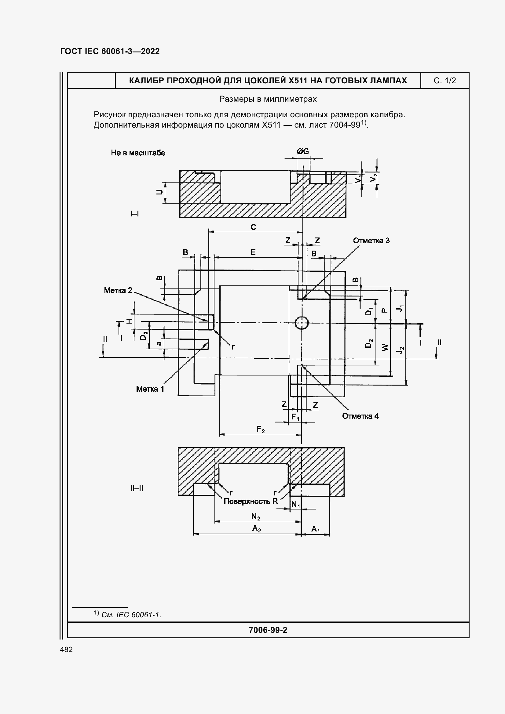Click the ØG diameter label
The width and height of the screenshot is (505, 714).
[x=303, y=151]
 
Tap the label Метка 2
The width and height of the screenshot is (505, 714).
[x=118, y=290]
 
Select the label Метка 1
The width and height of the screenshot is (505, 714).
[x=150, y=389]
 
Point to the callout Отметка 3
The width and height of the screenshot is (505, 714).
[x=371, y=241]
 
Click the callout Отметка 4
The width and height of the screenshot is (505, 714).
[x=360, y=416]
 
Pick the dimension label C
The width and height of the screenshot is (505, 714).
[x=253, y=227]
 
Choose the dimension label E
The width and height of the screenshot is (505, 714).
[x=253, y=252]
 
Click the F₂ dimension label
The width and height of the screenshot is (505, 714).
[x=260, y=429]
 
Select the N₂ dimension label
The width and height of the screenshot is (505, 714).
[x=256, y=516]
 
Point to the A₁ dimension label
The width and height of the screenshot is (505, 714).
[x=316, y=529]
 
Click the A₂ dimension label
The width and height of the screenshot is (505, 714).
[x=256, y=529]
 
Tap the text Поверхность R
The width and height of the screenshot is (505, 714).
[x=251, y=501]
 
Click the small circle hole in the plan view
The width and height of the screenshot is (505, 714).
[x=302, y=323]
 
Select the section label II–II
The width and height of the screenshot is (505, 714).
[x=137, y=488]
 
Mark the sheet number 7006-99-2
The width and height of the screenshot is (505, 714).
[x=268, y=630]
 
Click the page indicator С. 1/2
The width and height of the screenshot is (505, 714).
[x=445, y=81]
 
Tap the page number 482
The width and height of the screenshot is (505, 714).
[x=66, y=649]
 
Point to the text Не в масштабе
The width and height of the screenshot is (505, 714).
[x=138, y=153]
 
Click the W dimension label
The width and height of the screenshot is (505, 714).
[x=385, y=347]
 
